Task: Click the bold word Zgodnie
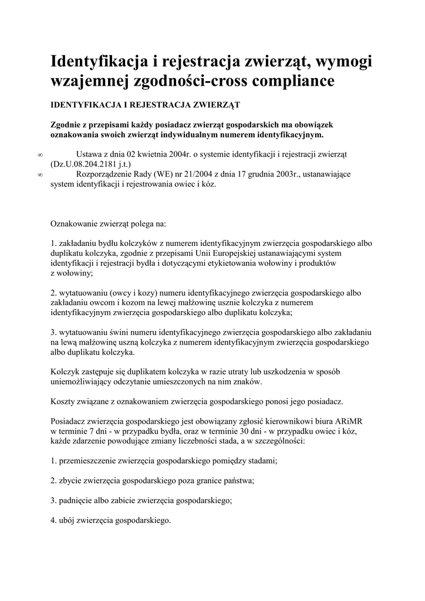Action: pos(67,125)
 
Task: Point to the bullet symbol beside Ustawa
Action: pos(39,155)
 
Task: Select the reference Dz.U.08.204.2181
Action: pos(86,164)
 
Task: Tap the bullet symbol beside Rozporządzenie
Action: pos(39,175)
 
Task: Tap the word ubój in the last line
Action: pos(68,521)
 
